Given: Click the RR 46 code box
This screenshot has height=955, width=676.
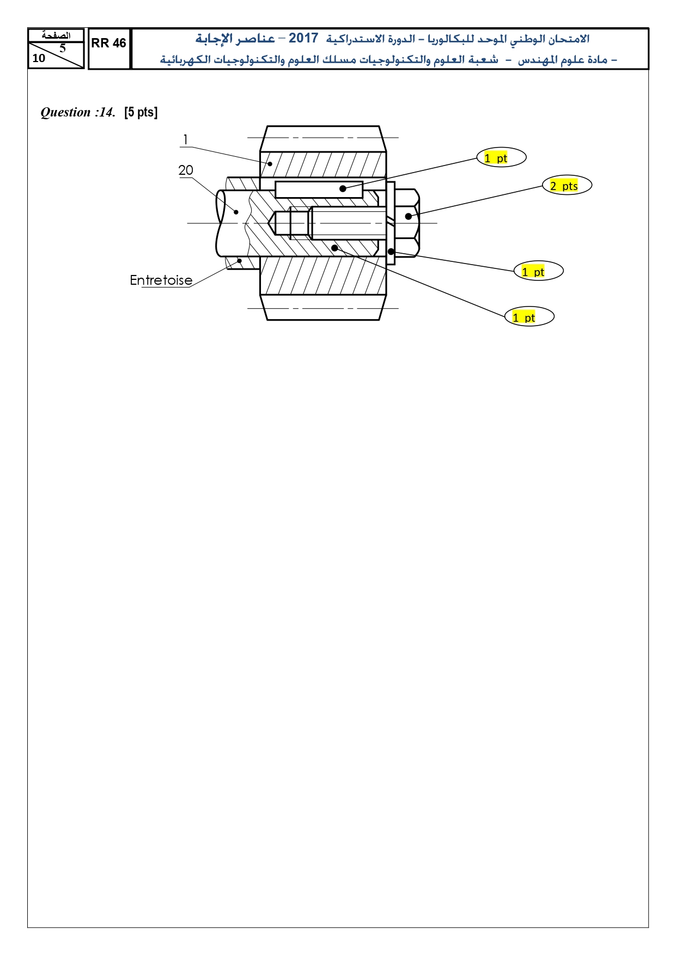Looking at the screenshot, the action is click(109, 49).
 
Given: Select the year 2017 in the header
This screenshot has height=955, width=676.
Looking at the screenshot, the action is click(303, 38).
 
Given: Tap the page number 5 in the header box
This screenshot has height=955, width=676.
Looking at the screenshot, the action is click(63, 48).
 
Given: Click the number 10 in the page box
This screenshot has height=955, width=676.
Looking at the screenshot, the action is click(39, 58).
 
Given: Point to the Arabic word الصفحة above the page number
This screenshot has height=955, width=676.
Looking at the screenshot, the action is click(57, 35).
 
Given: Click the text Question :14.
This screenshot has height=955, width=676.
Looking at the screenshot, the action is click(78, 112).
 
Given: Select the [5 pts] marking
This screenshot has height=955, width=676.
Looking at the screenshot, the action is click(141, 112).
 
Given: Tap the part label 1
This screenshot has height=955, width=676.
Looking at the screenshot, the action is click(185, 140).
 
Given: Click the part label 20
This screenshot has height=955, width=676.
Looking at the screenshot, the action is click(186, 170).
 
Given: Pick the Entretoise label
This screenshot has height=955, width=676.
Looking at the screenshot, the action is click(161, 280).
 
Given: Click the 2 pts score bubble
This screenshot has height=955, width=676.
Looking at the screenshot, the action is click(567, 185).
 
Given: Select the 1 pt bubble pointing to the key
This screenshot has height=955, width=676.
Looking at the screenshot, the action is click(501, 157).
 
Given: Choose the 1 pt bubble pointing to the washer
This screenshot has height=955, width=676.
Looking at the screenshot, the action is click(538, 271).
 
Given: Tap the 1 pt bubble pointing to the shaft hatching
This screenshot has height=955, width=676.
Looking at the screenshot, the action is click(529, 316).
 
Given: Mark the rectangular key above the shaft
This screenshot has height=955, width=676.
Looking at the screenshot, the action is click(319, 189).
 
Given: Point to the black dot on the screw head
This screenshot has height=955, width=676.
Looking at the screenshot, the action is click(409, 216).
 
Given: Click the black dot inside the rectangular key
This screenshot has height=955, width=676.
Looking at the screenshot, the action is click(343, 189).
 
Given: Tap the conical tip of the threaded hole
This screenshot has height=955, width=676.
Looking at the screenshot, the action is click(272, 223).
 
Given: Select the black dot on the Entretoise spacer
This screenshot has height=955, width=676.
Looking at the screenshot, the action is click(239, 261).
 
